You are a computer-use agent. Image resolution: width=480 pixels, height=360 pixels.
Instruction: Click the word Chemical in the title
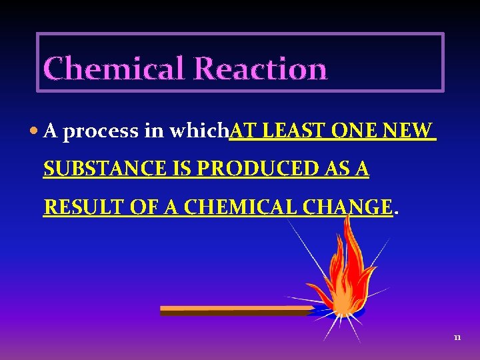click(x=113, y=69)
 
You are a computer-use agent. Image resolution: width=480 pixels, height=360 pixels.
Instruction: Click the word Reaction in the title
click(x=261, y=69)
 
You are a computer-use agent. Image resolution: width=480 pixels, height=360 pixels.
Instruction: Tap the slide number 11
click(x=457, y=338)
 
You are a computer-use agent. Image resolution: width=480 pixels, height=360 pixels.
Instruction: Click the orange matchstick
click(x=233, y=310)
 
